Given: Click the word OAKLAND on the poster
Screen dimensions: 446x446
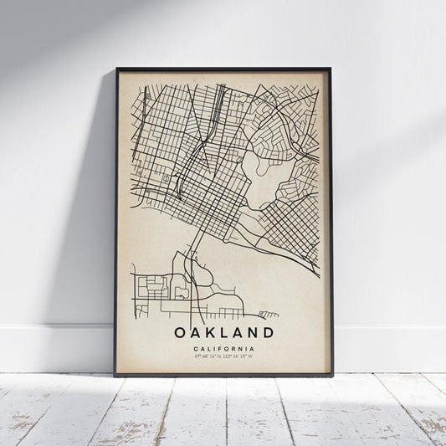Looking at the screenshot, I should [223, 333].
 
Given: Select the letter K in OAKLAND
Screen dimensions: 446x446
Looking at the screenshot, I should [210, 333].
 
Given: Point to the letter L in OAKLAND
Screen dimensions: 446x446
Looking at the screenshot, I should [223, 333].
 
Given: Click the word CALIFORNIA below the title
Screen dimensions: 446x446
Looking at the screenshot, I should [223, 349].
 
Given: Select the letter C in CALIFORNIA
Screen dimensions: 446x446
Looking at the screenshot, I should [194, 349].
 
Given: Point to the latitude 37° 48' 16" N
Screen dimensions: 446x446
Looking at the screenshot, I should [208, 357].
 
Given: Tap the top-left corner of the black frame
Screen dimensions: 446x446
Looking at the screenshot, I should [117, 69].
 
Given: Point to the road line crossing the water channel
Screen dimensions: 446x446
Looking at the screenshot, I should [194, 251].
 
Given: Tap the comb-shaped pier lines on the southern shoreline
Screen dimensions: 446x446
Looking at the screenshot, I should [267, 315].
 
